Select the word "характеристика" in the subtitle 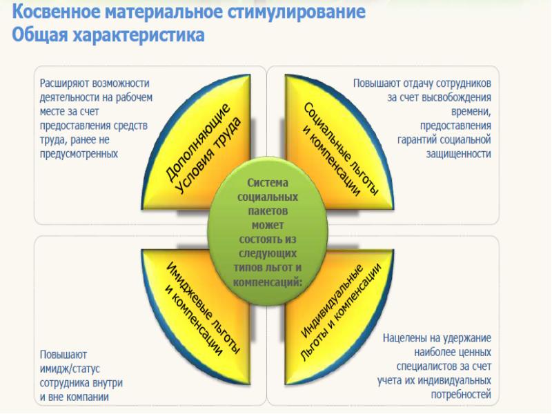click(141, 34)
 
